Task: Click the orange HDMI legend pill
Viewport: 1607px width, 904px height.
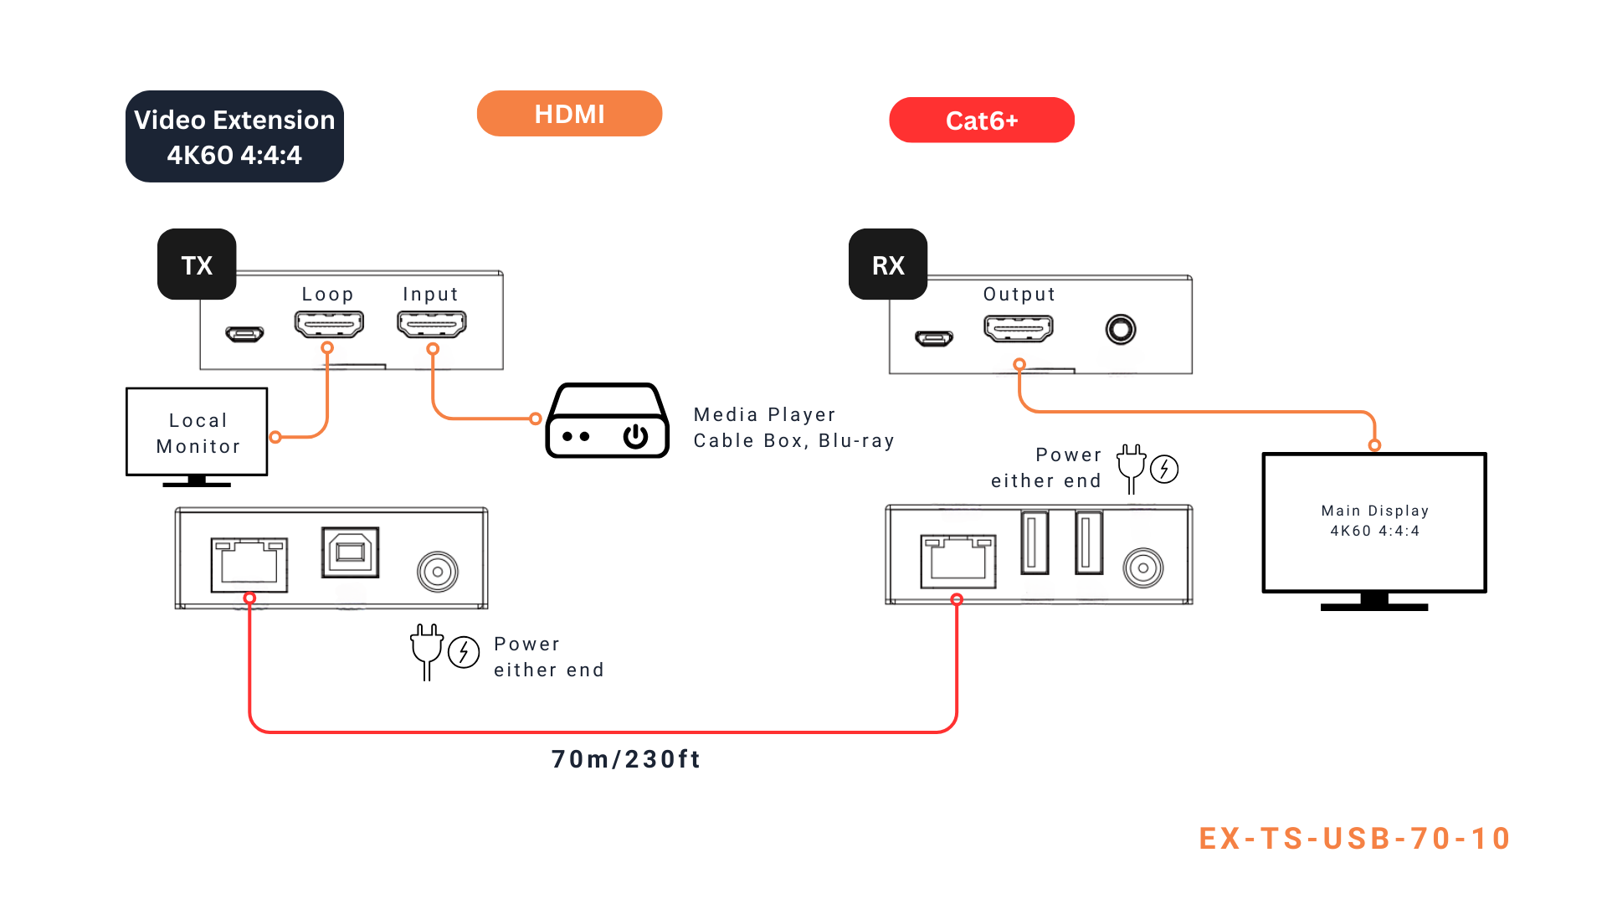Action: click(569, 114)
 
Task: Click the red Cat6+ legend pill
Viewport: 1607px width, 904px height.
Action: click(981, 121)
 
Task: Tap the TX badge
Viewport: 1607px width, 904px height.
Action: click(197, 265)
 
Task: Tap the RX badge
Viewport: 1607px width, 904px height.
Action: click(888, 265)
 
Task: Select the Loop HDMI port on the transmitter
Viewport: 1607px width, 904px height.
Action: click(329, 323)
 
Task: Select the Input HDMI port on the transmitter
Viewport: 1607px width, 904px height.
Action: click(432, 323)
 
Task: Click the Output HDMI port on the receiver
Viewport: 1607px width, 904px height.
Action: click(1019, 328)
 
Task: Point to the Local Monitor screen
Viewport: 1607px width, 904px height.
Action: click(197, 432)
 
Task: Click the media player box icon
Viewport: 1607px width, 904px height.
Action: click(607, 421)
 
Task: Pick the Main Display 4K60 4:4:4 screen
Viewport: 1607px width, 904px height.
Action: click(1374, 521)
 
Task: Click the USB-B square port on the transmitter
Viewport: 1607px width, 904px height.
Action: click(351, 552)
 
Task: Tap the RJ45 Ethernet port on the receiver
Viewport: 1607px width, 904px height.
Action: click(958, 561)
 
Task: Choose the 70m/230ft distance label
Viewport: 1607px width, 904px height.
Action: click(626, 759)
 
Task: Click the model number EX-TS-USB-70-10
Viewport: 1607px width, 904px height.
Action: click(1354, 839)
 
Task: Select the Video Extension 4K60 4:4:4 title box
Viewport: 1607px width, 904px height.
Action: click(234, 136)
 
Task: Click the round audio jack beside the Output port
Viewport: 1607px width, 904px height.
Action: click(1121, 329)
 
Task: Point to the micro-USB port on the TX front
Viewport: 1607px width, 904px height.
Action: click(244, 335)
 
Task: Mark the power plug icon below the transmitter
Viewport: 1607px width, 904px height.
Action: click(427, 650)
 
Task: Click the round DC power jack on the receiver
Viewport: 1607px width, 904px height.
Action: click(1143, 568)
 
